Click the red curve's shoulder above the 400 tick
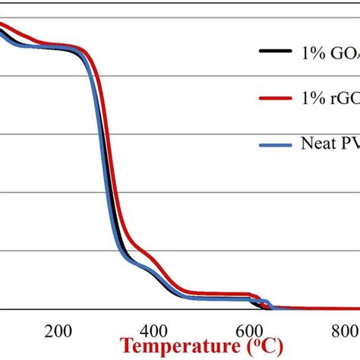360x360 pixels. pyautogui.click(x=153, y=259)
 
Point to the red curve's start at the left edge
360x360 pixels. pyautogui.click(x=2, y=24)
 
